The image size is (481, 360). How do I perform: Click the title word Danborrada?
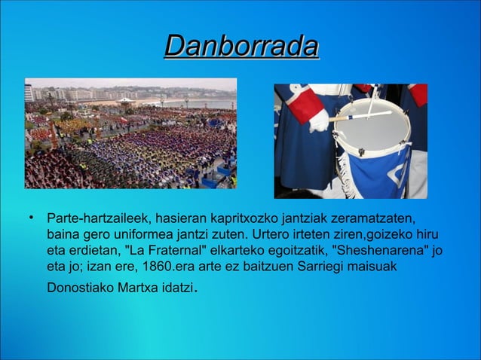coord(241,47)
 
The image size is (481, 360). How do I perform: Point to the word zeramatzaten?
coord(380,219)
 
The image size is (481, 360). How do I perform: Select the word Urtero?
coord(272,236)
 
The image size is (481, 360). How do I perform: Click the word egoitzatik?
coord(299,252)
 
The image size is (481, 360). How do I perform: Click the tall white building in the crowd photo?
coord(29,92)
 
